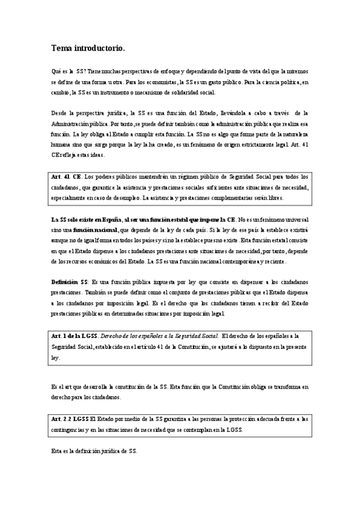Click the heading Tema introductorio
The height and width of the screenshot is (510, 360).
pyautogui.click(x=88, y=46)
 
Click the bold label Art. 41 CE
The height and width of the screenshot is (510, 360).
pyautogui.click(x=67, y=177)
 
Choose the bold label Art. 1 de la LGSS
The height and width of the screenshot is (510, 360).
pyautogui.click(x=76, y=336)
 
